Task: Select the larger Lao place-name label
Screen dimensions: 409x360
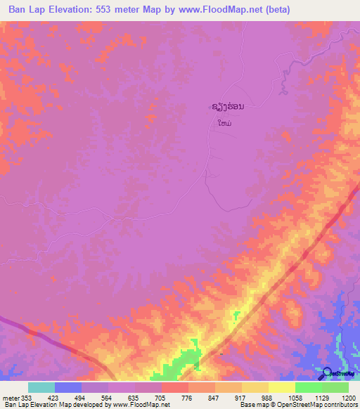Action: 229,108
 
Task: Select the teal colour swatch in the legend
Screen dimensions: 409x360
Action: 41,387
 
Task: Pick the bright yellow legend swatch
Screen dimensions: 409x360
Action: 282,387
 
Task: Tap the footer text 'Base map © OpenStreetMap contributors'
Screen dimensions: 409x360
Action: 298,405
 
